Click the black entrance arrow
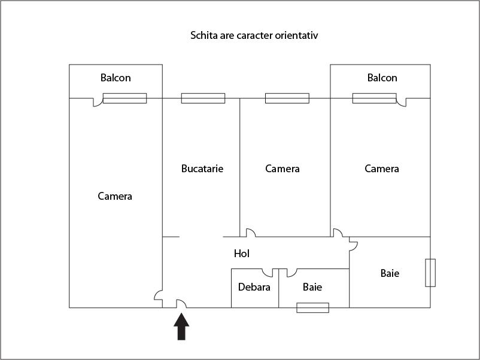coord(181,327)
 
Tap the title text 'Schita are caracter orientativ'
coord(254,35)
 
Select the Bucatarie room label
coord(202,169)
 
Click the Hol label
coord(241,254)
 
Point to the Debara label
coord(254,287)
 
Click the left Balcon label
coord(116,78)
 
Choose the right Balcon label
coord(382,78)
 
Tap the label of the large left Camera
coord(115,196)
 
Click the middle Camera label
coord(282,169)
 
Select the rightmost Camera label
coord(382,169)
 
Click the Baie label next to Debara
coord(312,287)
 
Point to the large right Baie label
coord(390,273)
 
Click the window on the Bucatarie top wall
coord(203,98)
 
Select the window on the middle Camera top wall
coord(287,98)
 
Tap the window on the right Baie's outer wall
coord(430,273)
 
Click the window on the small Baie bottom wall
coord(313,308)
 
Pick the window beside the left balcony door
coord(124,98)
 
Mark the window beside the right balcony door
coord(374,98)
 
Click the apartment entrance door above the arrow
coord(180,304)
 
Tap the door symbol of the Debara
coord(268,273)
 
